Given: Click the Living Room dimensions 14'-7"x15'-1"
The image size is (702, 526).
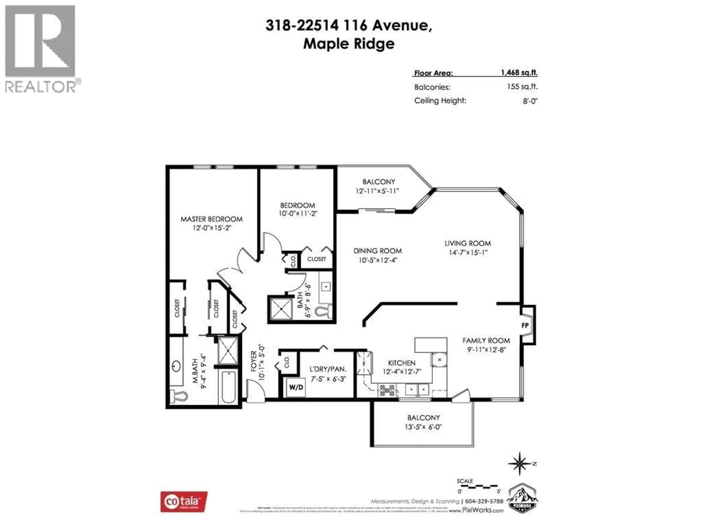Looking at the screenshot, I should (x=468, y=253).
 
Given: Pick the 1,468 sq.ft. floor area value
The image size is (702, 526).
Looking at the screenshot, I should (x=519, y=73).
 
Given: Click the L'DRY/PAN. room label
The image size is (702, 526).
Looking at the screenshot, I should (x=328, y=369).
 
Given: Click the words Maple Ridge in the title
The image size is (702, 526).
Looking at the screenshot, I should (x=349, y=44).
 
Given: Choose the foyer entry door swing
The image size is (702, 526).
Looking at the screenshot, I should (x=255, y=392).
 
